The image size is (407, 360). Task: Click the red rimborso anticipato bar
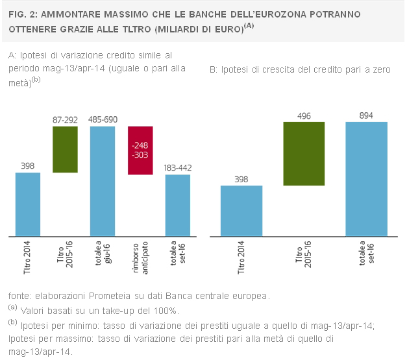140,150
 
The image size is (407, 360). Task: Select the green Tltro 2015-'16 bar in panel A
65,149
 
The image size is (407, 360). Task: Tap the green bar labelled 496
304,154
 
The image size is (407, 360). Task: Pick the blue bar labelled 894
367,179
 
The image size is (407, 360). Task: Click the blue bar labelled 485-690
103,181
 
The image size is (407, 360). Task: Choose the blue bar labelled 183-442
178,206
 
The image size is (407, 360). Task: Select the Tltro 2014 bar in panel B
241,211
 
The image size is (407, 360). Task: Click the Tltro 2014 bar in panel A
28,204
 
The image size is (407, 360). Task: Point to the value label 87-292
65,120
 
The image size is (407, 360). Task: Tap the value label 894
366,115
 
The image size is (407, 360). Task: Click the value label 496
304,116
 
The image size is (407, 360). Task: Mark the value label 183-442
178,168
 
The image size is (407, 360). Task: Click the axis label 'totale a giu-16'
103,253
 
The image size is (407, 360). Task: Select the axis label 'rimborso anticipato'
140,258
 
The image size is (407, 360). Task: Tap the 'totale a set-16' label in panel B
367,253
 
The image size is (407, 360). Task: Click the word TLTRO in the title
136,29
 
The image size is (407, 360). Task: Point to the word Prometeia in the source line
110,296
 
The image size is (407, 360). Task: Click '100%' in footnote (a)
165,311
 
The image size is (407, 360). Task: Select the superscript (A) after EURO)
249,26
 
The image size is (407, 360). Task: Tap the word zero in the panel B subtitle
382,70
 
